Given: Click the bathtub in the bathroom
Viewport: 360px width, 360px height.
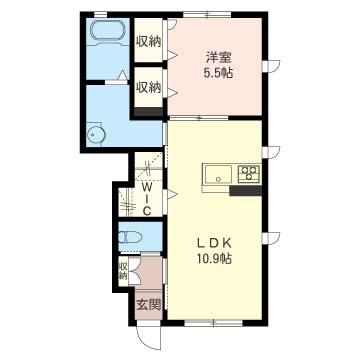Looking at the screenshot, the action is pos(108,32).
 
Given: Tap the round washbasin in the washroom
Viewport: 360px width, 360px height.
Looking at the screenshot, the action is pos(96,135).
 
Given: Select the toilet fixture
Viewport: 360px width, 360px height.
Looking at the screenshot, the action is pos(130,237).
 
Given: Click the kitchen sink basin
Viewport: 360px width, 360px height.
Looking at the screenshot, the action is pos(219,174).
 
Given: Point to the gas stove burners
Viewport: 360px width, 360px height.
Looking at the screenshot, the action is pos(249,174).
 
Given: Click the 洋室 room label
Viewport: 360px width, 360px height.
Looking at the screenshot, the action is pos(218,57).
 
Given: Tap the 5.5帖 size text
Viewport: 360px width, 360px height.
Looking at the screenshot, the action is pos(218,73).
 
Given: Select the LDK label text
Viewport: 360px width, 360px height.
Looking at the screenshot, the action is pos(214,244).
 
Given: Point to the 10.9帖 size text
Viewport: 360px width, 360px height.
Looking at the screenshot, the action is pos(214,258).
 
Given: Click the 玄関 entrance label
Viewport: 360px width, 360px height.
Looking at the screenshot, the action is pos(149,303).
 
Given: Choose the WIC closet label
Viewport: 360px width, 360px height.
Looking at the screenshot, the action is pos(147,199).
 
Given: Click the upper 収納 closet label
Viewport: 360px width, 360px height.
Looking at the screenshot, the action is pos(148,42).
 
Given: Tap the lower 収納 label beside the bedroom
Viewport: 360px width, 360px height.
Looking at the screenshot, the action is pos(148,87).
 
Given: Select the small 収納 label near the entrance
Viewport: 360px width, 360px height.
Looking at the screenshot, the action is pos(123,271).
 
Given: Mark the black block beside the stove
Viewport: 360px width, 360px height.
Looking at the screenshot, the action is pos(246,191).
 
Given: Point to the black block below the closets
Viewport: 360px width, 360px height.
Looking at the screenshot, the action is pos(149,111).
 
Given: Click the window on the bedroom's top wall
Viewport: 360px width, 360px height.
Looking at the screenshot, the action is pos(207,15).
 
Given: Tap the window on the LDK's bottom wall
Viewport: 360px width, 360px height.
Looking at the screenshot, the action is pos(213,323).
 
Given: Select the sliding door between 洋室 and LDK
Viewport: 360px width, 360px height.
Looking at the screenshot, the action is pos(199,118).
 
